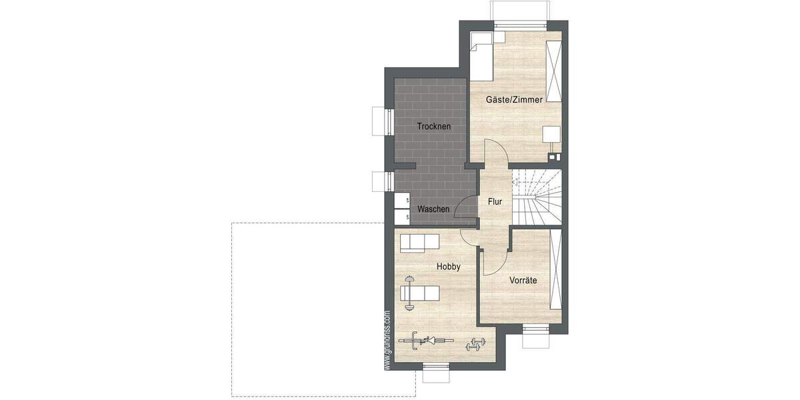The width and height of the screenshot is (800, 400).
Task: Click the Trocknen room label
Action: click(x=434, y=126)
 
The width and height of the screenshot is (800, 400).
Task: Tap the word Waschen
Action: click(x=433, y=209)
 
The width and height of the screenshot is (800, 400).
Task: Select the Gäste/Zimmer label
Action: click(x=514, y=99)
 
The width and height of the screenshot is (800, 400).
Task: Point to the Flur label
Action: click(x=495, y=201)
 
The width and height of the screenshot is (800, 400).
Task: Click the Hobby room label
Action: click(x=449, y=266)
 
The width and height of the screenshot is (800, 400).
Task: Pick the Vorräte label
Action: click(x=523, y=281)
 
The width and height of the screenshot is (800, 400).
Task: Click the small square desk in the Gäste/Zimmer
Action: click(x=551, y=133)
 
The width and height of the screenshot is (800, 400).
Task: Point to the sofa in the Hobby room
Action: click(x=419, y=243)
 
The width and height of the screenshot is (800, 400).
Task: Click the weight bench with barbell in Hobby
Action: click(x=417, y=293)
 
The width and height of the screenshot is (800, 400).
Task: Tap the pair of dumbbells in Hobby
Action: click(x=475, y=345)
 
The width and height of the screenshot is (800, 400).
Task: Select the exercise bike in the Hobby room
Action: click(x=421, y=341)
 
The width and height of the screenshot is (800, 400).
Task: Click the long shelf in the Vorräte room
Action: click(x=555, y=268)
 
